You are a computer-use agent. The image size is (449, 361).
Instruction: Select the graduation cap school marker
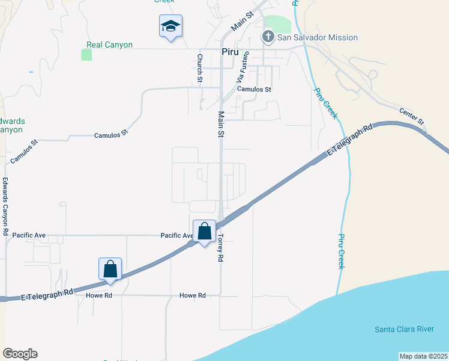pos(170,26)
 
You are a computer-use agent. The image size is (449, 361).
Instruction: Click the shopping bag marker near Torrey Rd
pos(204,232)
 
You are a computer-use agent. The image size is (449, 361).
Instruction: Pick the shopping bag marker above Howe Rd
pos(110,269)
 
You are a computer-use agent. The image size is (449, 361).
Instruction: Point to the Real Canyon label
pos(109,45)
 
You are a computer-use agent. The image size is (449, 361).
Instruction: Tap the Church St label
pos(200,65)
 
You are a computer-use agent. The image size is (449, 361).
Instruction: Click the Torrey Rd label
pos(220,247)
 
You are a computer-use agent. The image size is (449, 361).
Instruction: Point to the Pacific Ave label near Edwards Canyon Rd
pos(29,235)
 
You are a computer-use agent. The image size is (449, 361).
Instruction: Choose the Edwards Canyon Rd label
pos(5,206)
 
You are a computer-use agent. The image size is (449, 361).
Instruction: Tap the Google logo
pos(20,354)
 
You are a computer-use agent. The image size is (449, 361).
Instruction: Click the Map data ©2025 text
pos(423,356)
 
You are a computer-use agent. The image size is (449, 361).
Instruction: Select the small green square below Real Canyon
pos(86,55)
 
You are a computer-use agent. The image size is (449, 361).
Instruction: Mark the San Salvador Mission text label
pos(318,37)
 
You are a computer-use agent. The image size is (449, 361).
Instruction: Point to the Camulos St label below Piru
pos(254,89)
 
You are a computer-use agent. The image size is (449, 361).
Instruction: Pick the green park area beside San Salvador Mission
pos(277,24)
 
